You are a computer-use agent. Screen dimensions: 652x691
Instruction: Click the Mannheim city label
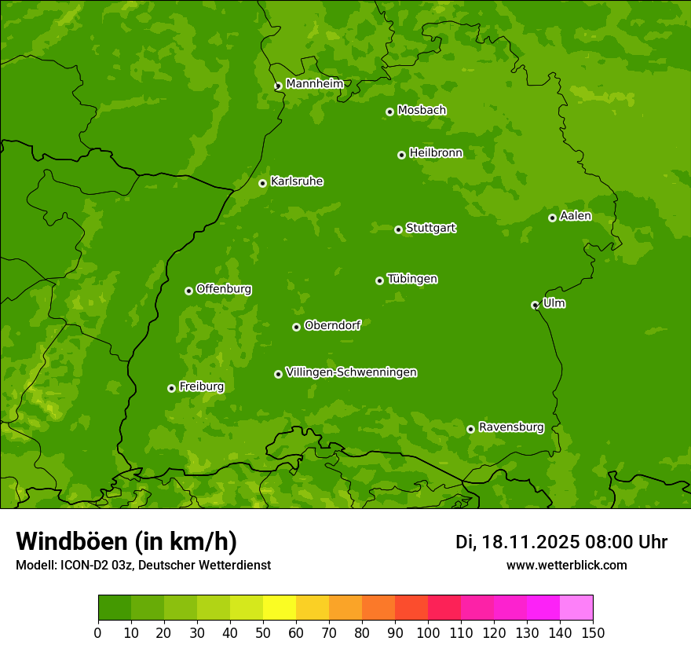[x=314, y=83]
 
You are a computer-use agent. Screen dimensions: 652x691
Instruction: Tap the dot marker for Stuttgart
[x=398, y=229]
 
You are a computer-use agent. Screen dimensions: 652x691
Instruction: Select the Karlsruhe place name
[x=296, y=181]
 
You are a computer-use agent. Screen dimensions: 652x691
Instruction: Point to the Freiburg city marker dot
[x=171, y=388]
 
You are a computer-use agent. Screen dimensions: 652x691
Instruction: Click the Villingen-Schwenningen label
[x=351, y=372]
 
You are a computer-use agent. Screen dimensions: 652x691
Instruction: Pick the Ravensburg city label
[x=510, y=427]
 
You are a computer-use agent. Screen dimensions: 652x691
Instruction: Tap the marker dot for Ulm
[x=535, y=305]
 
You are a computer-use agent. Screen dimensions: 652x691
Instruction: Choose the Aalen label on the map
[x=575, y=216]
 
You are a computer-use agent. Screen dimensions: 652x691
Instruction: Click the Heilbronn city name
[x=436, y=153]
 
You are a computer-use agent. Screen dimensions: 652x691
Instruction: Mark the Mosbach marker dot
[x=389, y=112]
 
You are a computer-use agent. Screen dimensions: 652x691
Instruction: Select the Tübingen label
[x=412, y=279]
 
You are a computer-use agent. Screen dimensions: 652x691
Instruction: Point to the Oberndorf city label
[x=332, y=325]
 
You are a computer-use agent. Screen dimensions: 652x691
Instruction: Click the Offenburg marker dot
[x=188, y=291]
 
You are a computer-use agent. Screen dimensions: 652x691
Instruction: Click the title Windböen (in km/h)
[x=126, y=541]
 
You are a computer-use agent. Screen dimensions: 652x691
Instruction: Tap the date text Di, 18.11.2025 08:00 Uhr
[x=561, y=542]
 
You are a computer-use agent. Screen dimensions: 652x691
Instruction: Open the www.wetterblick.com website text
[x=566, y=565]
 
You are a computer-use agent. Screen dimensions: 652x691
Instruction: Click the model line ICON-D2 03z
[x=143, y=565]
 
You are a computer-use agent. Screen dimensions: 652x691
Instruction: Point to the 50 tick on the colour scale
[x=263, y=632]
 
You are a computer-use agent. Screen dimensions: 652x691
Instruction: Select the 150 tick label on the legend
[x=593, y=632]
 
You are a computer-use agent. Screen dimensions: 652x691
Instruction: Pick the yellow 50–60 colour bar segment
[x=280, y=607]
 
